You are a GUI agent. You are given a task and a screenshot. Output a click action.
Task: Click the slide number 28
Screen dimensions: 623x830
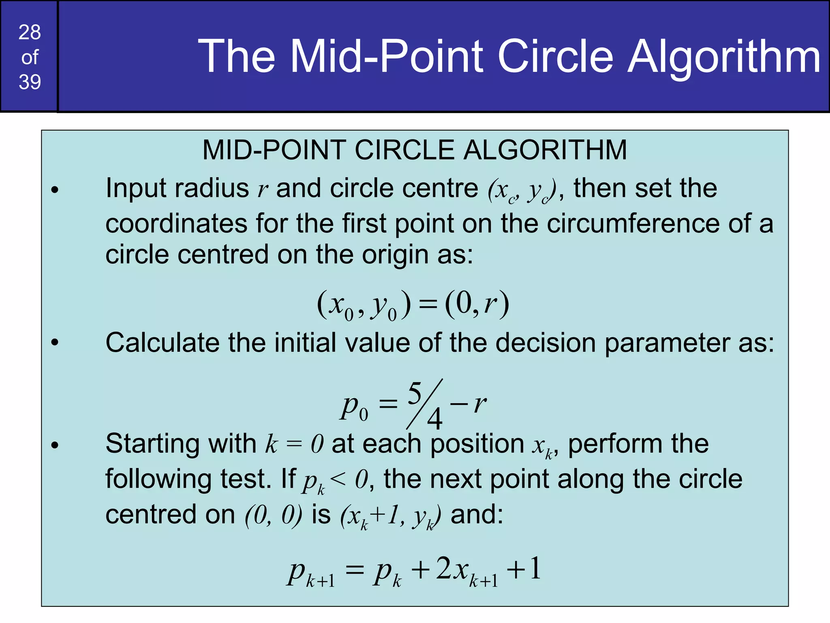point(30,32)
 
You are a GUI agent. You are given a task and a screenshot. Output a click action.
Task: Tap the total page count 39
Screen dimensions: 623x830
point(30,82)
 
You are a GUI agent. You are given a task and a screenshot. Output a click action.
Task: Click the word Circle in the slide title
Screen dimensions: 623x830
point(555,56)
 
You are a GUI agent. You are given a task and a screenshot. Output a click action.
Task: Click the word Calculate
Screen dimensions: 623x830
point(162,343)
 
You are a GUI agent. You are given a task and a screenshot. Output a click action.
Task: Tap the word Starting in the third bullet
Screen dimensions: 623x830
point(152,444)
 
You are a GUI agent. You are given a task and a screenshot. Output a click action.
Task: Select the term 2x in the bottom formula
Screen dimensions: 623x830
point(452,569)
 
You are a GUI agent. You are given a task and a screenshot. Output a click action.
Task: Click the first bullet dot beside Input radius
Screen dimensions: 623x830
point(55,190)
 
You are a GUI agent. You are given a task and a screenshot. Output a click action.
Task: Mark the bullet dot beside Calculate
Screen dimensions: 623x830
point(55,343)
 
